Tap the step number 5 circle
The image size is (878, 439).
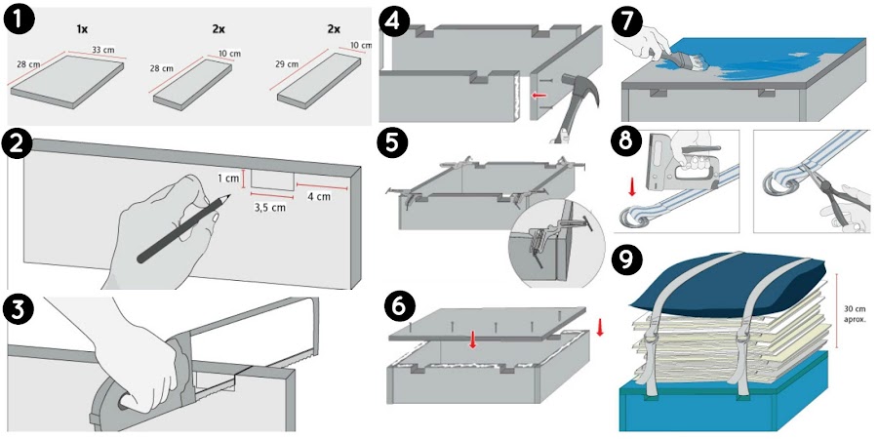click(x=393, y=143)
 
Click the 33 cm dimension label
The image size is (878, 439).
click(x=102, y=51)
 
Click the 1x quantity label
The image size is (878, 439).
click(x=83, y=28)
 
